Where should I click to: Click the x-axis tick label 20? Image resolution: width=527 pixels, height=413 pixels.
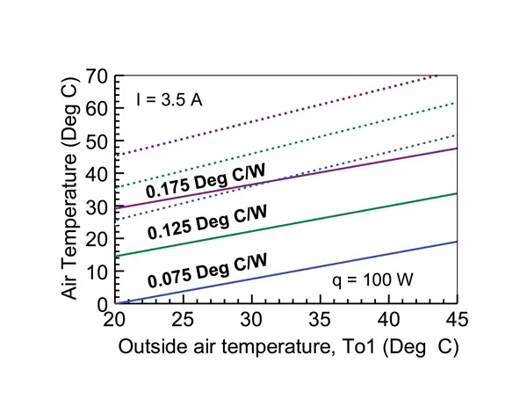click(x=114, y=318)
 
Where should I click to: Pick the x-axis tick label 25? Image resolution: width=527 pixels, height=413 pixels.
click(x=183, y=318)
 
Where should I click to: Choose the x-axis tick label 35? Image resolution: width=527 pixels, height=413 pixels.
click(x=321, y=318)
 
